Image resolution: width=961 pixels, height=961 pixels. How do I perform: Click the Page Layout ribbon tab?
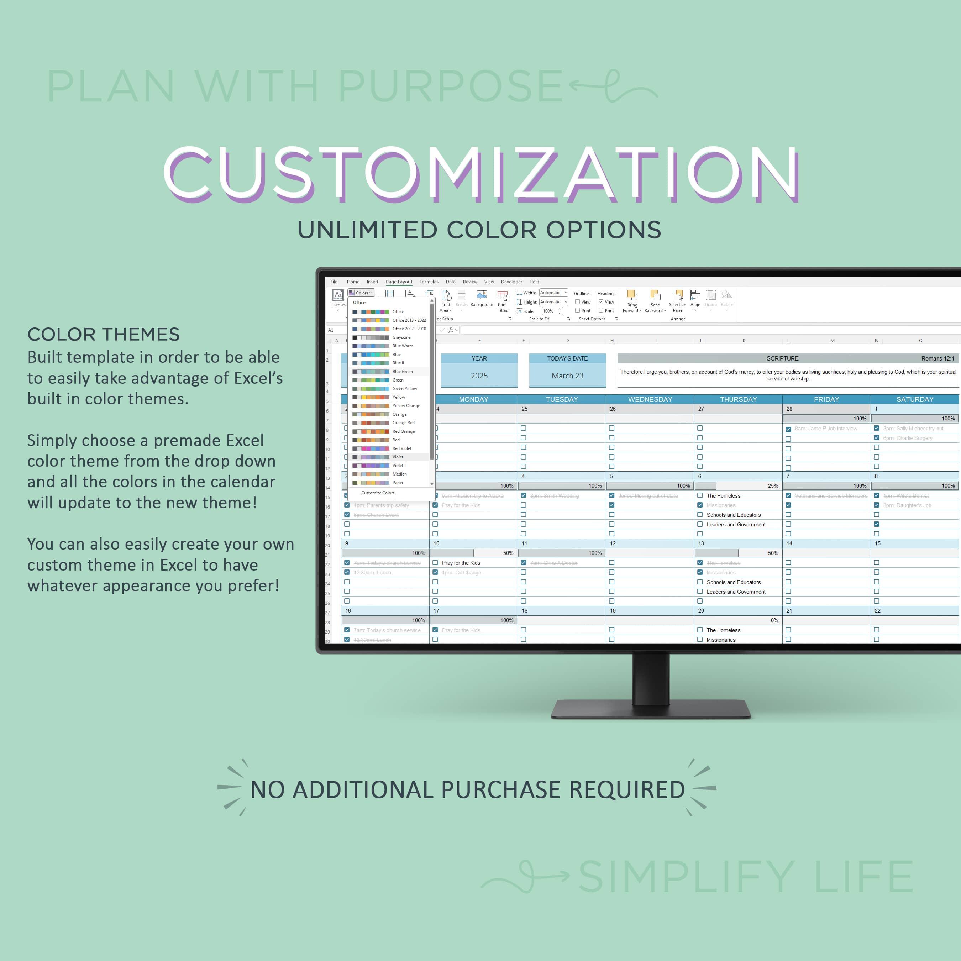[x=399, y=282]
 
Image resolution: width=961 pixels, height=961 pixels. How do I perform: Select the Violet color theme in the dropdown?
[x=398, y=457]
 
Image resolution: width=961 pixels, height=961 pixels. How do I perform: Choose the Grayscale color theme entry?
[x=401, y=337]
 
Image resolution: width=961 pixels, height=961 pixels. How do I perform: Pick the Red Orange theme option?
[x=403, y=431]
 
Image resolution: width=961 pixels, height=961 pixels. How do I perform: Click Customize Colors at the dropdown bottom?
[x=379, y=493]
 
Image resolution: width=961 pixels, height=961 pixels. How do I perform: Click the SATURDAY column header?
[x=915, y=399]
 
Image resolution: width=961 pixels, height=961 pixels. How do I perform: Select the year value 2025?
[x=479, y=376]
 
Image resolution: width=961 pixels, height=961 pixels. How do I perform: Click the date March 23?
[x=567, y=376]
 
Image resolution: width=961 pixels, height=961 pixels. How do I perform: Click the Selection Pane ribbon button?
[x=677, y=300]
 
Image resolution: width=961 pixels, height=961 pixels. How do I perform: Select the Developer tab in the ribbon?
[x=511, y=282]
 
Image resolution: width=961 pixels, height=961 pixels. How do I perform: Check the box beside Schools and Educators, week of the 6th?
[x=700, y=515]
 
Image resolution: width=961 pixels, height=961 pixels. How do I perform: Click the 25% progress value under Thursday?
[x=772, y=485]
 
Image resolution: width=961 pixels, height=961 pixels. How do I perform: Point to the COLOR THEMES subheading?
[x=104, y=334]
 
